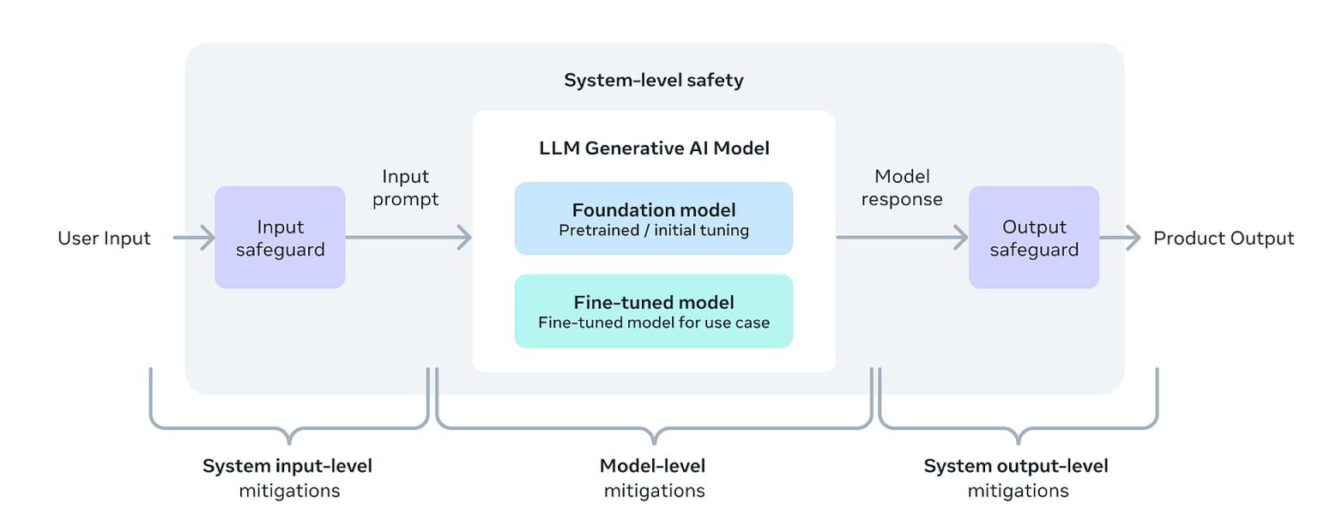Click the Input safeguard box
280,238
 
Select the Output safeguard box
1033,238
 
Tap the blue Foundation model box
653,218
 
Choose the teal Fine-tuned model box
653,311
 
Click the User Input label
104,239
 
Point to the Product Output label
1223,239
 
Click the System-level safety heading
653,81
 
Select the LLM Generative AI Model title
653,148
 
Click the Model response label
901,188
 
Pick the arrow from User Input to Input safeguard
194,239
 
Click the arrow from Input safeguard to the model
408,239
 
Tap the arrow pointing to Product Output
1121,239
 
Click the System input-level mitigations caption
287,478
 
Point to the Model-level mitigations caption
653,478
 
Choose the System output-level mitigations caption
1017,478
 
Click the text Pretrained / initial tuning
653,230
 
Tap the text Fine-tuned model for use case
653,323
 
